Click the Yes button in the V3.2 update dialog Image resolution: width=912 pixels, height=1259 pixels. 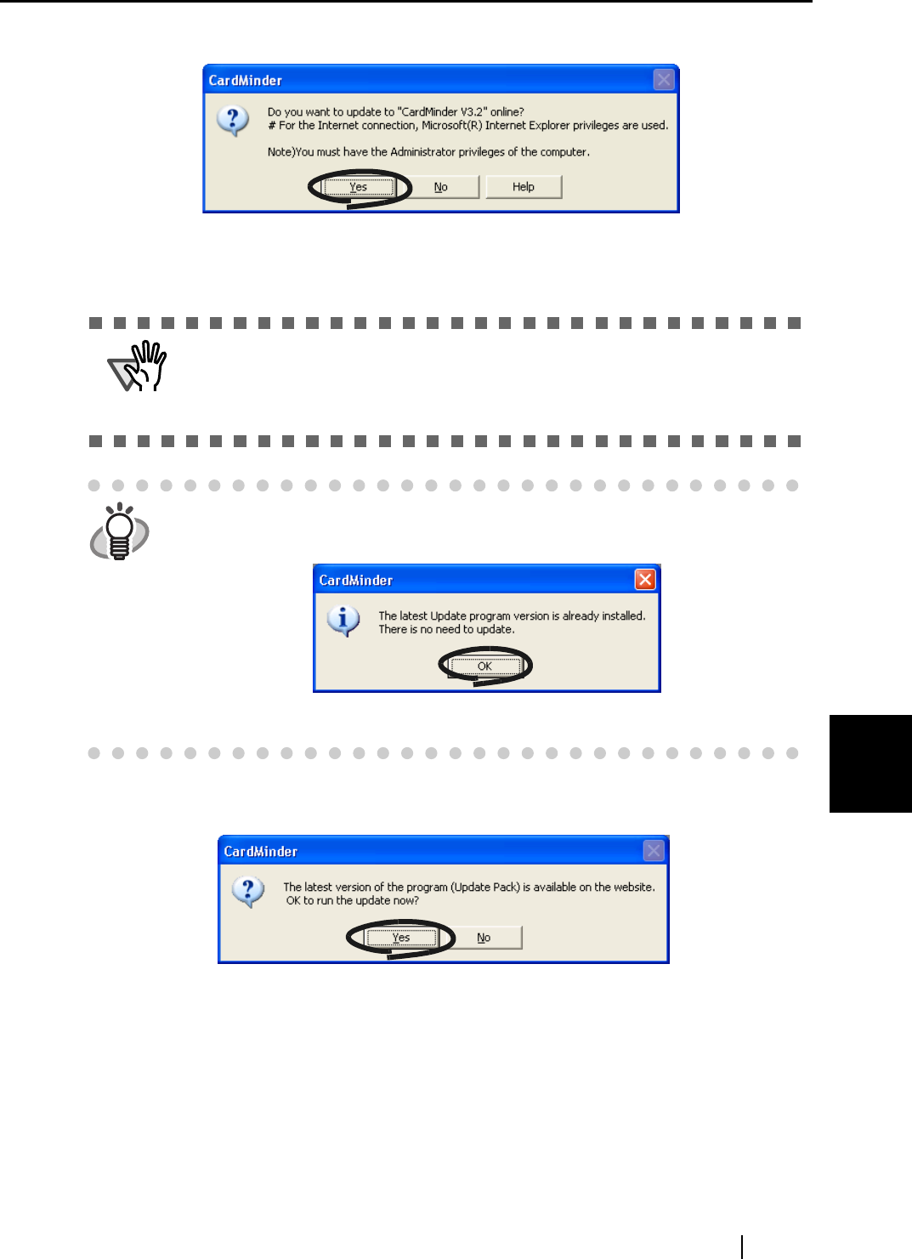click(x=359, y=187)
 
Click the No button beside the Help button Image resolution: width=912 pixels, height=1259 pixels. click(x=441, y=187)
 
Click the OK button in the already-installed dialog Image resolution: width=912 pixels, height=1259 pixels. click(x=484, y=666)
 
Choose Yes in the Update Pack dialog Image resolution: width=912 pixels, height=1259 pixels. click(x=401, y=938)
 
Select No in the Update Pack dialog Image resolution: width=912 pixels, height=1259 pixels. click(x=484, y=938)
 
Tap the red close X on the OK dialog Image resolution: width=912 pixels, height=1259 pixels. click(x=645, y=580)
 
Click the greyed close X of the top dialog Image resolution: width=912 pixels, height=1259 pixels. click(x=664, y=80)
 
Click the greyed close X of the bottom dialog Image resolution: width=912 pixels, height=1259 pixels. click(x=654, y=851)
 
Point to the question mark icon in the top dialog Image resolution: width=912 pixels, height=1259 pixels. click(x=232, y=120)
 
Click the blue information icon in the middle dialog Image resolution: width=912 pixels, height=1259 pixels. click(x=343, y=621)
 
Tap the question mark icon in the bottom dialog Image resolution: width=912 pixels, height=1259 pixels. click(x=247, y=892)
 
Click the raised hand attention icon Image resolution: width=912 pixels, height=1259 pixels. click(x=139, y=366)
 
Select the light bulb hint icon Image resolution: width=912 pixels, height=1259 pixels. click(x=120, y=531)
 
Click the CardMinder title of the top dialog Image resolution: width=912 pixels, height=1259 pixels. click(x=246, y=81)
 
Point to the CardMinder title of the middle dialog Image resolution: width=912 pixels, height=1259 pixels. click(x=356, y=581)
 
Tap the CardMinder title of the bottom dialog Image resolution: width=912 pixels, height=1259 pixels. click(x=261, y=852)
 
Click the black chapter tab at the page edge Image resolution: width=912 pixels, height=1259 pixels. click(x=870, y=763)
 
